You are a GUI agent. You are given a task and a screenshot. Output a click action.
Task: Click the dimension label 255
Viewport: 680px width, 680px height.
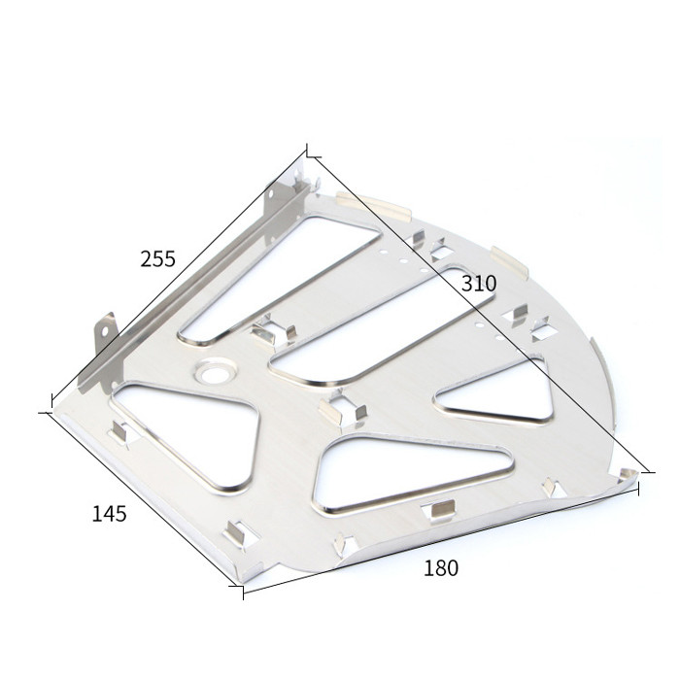[157, 259]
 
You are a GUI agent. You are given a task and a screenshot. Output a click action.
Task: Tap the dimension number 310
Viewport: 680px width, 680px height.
[479, 284]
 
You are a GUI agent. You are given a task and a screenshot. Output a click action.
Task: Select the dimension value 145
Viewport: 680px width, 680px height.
[109, 514]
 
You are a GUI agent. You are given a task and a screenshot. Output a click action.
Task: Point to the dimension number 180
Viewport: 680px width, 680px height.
[441, 568]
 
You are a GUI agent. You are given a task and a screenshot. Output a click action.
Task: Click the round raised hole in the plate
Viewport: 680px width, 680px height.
[216, 373]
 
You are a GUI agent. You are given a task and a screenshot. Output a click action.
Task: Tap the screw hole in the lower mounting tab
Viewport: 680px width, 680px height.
[105, 332]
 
